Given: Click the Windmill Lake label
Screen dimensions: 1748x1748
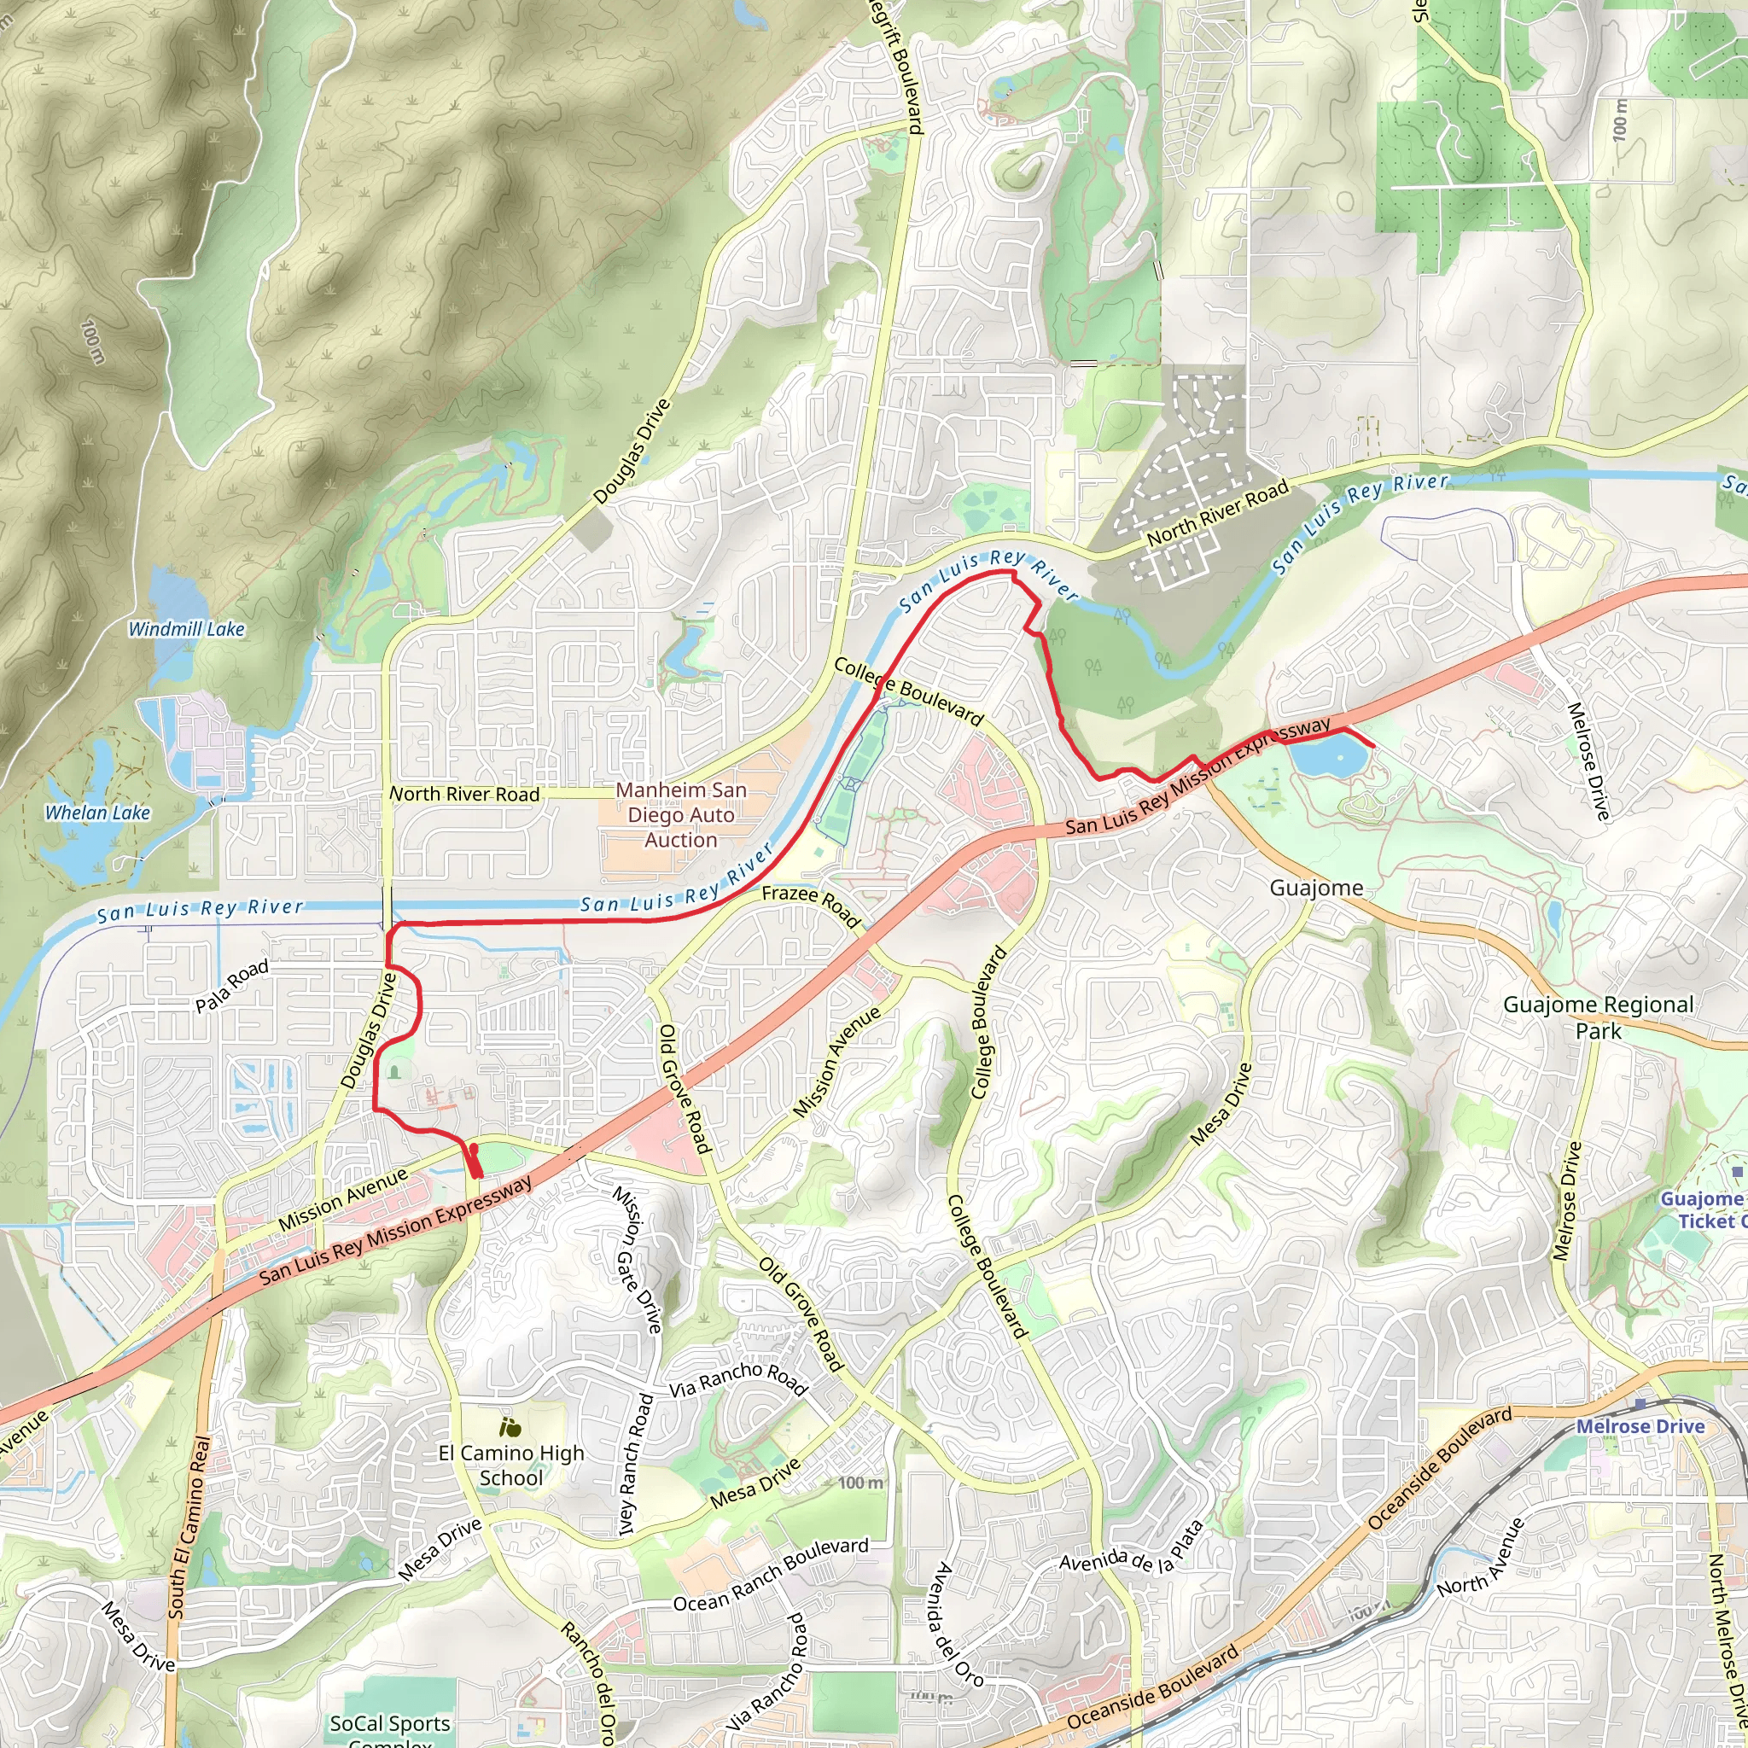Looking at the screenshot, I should pyautogui.click(x=186, y=629).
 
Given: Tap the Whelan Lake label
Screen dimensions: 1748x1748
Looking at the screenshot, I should pyautogui.click(x=97, y=813).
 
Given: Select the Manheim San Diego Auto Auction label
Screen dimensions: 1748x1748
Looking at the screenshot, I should pyautogui.click(x=680, y=814).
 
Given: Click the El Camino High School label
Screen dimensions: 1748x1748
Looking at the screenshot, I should pyautogui.click(x=511, y=1465).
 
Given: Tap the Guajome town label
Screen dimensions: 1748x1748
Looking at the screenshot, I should pyautogui.click(x=1315, y=888).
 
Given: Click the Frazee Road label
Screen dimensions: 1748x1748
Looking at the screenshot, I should pyautogui.click(x=811, y=906).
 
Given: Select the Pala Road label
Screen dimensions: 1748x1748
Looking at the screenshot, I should pyautogui.click(x=232, y=985).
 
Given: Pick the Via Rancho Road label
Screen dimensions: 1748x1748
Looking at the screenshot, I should pyautogui.click(x=737, y=1380).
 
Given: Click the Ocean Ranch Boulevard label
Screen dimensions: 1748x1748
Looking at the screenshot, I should pyautogui.click(x=771, y=1574).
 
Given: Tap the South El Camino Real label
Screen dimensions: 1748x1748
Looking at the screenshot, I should pyautogui.click(x=190, y=1526).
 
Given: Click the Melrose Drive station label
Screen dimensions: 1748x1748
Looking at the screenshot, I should pyautogui.click(x=1640, y=1427).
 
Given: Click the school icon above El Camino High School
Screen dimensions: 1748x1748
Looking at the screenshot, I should pyautogui.click(x=510, y=1428).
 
